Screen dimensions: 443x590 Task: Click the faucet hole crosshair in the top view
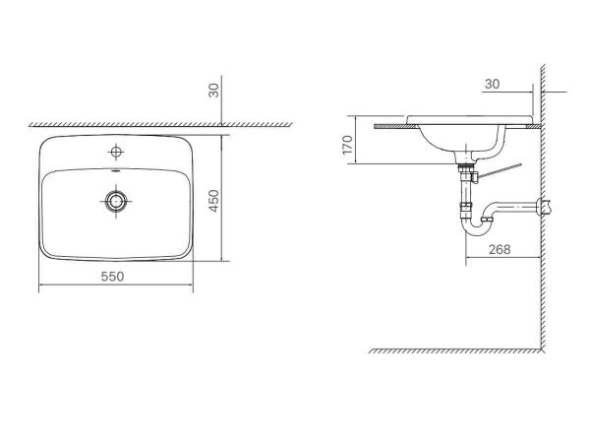click(x=116, y=152)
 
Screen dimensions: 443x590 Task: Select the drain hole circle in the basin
click(x=116, y=201)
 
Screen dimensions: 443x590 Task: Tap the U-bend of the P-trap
click(x=476, y=229)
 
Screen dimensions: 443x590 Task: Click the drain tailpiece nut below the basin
click(x=464, y=169)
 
